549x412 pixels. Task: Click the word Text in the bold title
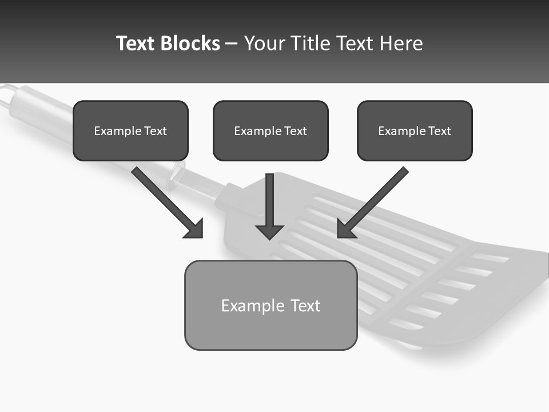pyautogui.click(x=135, y=43)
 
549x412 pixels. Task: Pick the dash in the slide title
pyautogui.click(x=232, y=44)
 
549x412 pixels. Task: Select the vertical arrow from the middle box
pyautogui.click(x=269, y=200)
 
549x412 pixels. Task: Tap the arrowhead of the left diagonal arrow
pyautogui.click(x=195, y=229)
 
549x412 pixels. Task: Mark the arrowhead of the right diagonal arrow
pyautogui.click(x=345, y=229)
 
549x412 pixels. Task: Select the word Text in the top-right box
pyautogui.click(x=440, y=131)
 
